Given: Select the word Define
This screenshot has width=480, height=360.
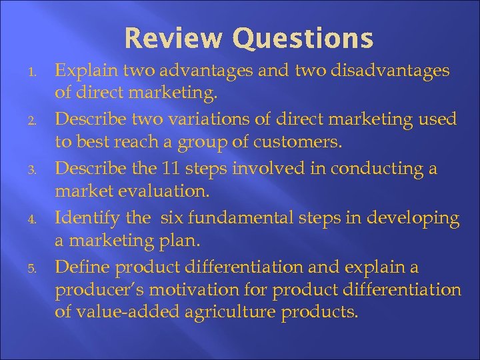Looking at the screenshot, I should [x=82, y=267].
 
